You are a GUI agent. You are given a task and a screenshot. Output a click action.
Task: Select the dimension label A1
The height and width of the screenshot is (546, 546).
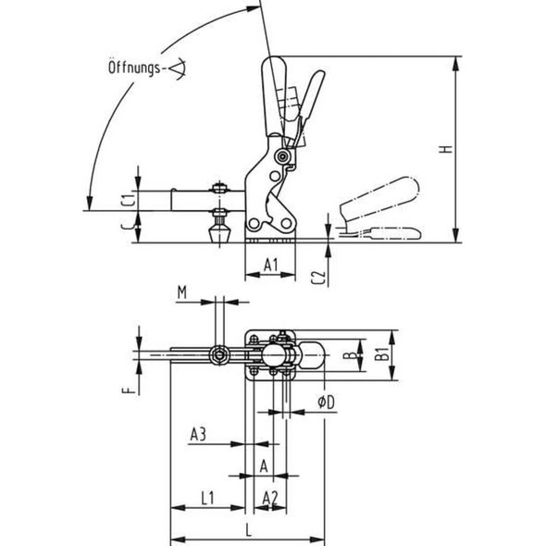click(x=270, y=266)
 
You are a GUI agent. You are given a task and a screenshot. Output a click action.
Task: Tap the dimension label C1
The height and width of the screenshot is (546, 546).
click(x=130, y=195)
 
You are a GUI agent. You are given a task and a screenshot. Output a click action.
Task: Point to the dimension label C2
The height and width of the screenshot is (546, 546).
click(x=317, y=276)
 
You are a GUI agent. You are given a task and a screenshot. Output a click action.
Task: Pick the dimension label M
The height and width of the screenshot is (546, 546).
click(x=182, y=293)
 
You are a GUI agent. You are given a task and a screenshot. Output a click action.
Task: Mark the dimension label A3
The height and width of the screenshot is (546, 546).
click(x=198, y=432)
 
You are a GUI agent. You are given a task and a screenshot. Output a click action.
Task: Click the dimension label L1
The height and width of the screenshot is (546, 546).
click(x=206, y=499)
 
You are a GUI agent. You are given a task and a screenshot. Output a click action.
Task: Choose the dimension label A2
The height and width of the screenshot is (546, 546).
click(x=270, y=499)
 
